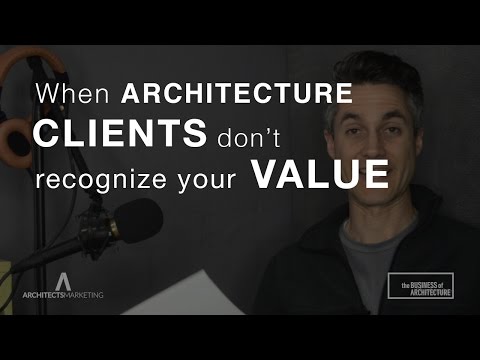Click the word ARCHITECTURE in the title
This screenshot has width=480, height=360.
(x=236, y=97)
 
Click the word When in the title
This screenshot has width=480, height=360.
(x=75, y=97)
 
